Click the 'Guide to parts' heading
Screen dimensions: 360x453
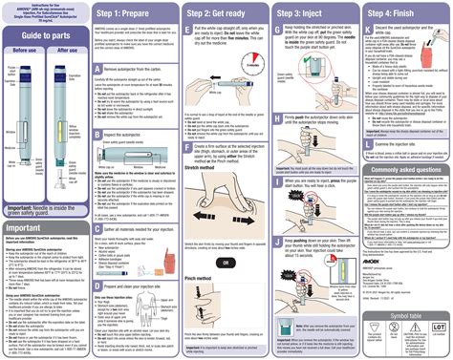pos(45,36)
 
